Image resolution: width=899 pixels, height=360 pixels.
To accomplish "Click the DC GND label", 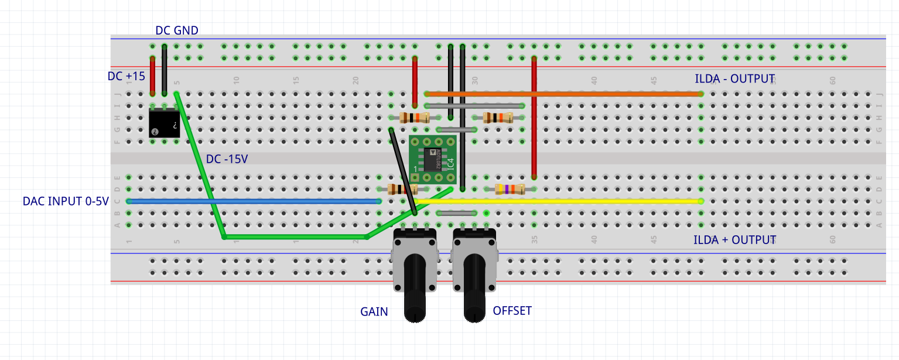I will tap(176, 30).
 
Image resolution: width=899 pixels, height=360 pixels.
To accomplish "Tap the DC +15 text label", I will tap(126, 76).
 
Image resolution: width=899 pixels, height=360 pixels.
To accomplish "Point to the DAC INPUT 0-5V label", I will tap(66, 201).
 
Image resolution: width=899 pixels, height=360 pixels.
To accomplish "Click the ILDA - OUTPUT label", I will tap(734, 79).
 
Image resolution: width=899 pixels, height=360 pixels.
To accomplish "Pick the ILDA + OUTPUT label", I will tap(734, 240).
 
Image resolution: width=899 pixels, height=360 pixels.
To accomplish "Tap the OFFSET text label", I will tap(512, 311).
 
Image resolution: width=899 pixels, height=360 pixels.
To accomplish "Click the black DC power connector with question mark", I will tap(164, 123).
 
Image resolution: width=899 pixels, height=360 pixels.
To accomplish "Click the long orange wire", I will tap(562, 94).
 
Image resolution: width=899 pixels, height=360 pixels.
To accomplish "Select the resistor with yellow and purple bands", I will tap(509, 189).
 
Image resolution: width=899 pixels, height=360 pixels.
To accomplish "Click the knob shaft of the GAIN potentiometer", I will tap(415, 287).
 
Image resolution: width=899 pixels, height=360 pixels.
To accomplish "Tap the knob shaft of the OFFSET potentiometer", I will tap(474, 287).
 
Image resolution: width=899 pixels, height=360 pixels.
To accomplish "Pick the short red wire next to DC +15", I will tap(152, 76).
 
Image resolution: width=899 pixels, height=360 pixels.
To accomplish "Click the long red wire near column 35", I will tap(534, 117).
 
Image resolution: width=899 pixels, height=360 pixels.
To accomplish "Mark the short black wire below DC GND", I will tap(164, 70).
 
